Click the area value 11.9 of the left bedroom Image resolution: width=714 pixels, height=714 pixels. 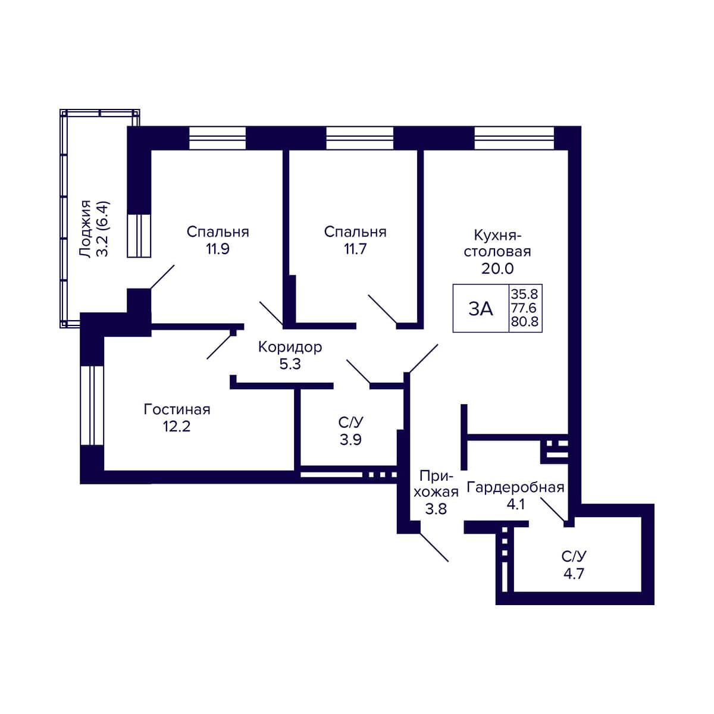218,249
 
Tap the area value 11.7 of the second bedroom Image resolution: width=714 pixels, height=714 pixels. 355,249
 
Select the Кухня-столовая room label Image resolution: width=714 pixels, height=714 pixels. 497,243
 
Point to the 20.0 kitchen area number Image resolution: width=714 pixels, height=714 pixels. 497,268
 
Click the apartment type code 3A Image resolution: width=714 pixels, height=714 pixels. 481,309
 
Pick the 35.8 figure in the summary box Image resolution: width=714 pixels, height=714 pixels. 524,294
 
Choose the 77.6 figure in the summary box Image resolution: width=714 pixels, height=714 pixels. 524,308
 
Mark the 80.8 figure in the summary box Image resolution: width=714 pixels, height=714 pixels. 525,321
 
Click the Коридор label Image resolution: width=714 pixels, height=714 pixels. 290,347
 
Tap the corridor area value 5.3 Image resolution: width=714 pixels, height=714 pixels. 290,364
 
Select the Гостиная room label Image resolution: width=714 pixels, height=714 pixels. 177,409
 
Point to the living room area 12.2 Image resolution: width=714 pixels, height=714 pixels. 177,427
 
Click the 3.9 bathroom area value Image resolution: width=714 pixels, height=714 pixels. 350,440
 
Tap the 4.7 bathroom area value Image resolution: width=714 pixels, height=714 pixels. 574,574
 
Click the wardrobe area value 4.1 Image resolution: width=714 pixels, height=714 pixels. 515,505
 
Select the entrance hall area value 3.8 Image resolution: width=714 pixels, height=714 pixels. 436,509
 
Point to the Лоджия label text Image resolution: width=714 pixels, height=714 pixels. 86,230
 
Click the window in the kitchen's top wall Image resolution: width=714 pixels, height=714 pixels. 514,138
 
